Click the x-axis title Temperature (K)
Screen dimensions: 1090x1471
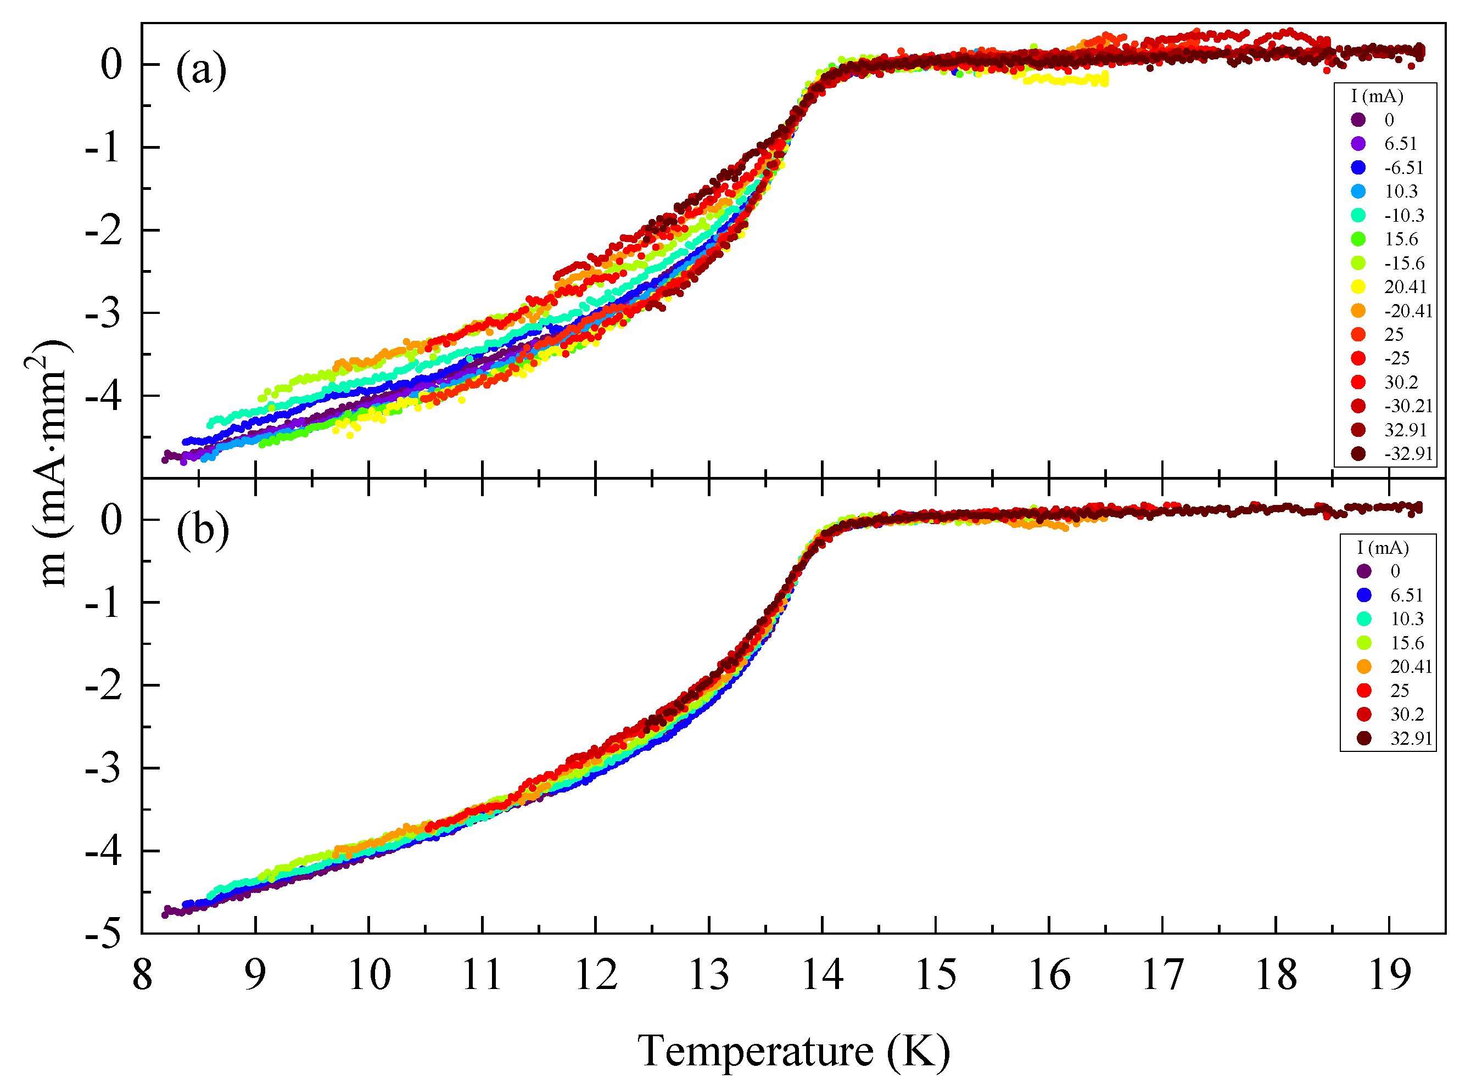tap(793, 1051)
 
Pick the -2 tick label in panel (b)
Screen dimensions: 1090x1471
tap(104, 686)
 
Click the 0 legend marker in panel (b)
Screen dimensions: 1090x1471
tap(1363, 571)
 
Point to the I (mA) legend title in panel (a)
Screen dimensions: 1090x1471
tap(1377, 97)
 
